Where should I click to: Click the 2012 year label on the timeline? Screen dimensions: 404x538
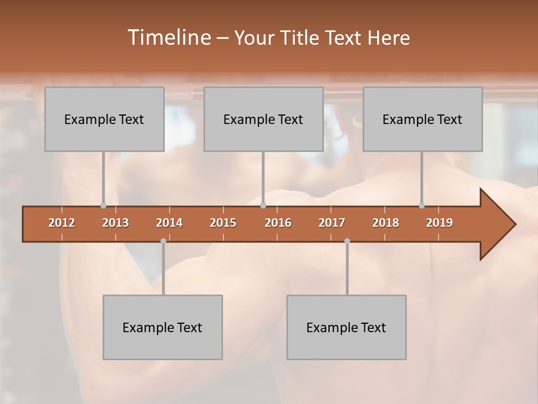pyautogui.click(x=62, y=223)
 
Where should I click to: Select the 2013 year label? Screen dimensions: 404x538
pyautogui.click(x=115, y=223)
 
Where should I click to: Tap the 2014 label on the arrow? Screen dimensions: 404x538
pyautogui.click(x=169, y=223)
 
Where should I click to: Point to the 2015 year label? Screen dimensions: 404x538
pyautogui.click(x=223, y=223)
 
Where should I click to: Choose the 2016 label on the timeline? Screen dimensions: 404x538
pyautogui.click(x=278, y=223)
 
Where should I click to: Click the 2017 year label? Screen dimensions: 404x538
pyautogui.click(x=332, y=223)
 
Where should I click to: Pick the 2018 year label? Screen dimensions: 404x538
pyautogui.click(x=386, y=223)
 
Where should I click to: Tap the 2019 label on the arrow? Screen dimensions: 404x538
pyautogui.click(x=439, y=223)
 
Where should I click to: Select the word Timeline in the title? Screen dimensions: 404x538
pyautogui.click(x=169, y=38)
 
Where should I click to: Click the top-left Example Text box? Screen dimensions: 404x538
pyautogui.click(x=104, y=119)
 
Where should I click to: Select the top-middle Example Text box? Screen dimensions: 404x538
pyautogui.click(x=263, y=119)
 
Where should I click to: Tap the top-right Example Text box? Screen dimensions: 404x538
pyautogui.click(x=423, y=119)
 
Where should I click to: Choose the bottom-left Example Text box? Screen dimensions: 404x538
pyautogui.click(x=163, y=327)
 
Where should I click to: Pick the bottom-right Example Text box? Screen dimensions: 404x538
pyautogui.click(x=346, y=327)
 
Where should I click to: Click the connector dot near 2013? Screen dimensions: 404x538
pyautogui.click(x=103, y=205)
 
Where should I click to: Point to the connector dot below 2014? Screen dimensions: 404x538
pyautogui.click(x=163, y=241)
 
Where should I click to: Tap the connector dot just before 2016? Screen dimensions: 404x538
pyautogui.click(x=263, y=205)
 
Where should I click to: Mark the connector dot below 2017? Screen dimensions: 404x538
pyautogui.click(x=347, y=241)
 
